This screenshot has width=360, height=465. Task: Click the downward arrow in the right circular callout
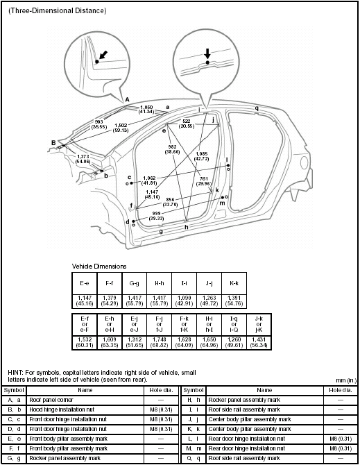(207, 53)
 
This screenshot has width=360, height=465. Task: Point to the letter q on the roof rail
(256, 108)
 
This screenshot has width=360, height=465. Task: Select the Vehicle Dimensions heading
(100, 266)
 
